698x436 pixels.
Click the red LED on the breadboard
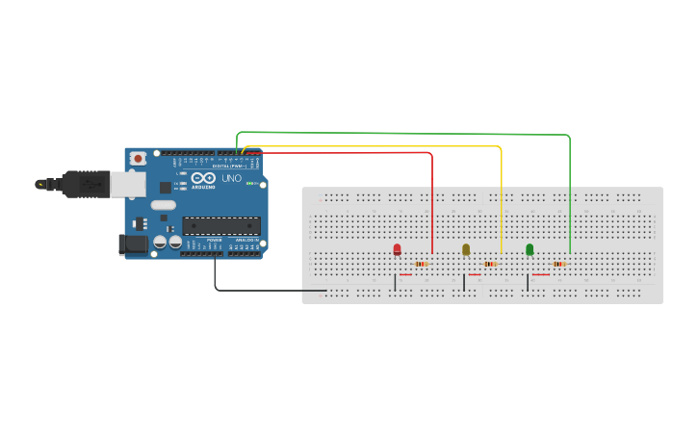[x=397, y=249]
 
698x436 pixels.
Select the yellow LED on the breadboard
[x=466, y=249]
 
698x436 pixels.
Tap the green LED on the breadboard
[x=530, y=249]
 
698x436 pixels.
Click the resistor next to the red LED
[x=422, y=264]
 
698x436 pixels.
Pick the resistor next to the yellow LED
[x=490, y=264]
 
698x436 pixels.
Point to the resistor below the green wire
[x=559, y=264]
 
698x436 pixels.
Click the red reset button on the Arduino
[x=139, y=158]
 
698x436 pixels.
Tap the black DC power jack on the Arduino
[x=133, y=244]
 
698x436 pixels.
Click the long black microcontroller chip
[x=221, y=226]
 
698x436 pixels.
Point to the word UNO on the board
[x=232, y=178]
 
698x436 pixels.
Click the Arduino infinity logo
[x=204, y=178]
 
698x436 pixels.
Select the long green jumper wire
[x=404, y=133]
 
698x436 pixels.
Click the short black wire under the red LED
[x=395, y=282]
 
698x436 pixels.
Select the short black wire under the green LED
[x=527, y=282]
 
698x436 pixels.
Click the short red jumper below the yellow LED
[x=474, y=274]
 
